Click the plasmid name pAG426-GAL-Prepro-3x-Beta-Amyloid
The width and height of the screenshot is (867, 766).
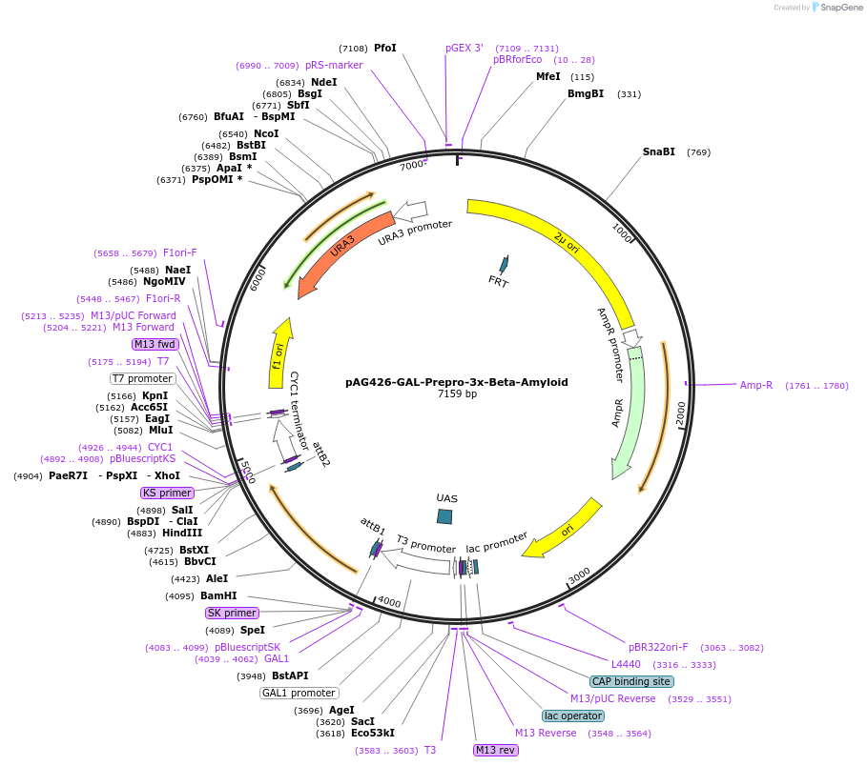click(456, 382)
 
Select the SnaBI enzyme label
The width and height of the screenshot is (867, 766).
click(659, 151)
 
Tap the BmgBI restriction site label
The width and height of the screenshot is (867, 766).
click(586, 93)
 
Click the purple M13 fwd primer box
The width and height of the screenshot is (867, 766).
click(155, 344)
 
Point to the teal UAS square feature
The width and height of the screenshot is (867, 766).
click(444, 516)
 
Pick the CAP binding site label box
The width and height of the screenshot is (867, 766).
click(631, 681)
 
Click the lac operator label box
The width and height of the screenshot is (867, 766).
click(573, 716)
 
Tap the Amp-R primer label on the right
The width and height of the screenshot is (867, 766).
click(756, 385)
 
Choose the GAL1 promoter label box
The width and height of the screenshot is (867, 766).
click(299, 693)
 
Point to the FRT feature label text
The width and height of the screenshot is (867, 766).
click(498, 281)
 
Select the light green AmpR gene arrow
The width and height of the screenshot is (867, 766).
click(629, 410)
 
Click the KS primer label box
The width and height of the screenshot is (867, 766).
click(167, 493)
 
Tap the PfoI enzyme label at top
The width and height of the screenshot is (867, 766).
click(385, 48)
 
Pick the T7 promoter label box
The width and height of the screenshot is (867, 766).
click(143, 378)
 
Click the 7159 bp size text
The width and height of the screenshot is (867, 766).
click(457, 393)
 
